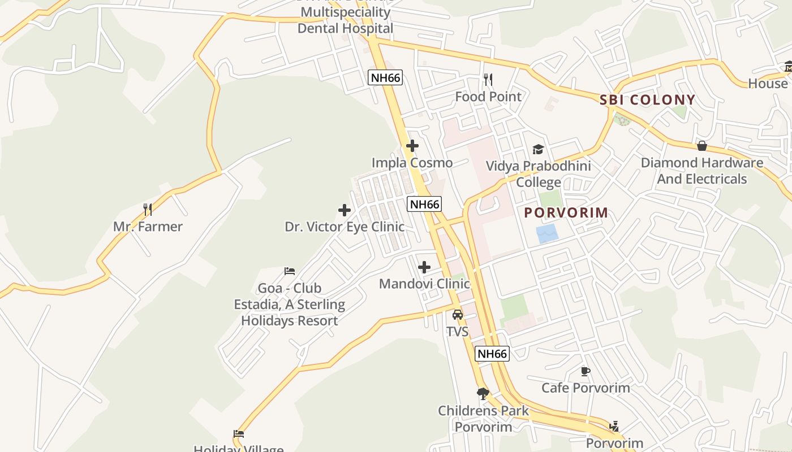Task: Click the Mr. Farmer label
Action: pos(148,227)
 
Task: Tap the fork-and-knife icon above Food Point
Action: pos(488,80)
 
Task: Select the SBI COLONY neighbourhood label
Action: pos(647,100)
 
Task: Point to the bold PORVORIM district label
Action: pos(566,212)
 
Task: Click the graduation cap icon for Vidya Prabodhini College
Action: pos(538,149)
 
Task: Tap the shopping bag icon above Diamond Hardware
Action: pos(702,146)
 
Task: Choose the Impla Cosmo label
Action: pos(412,163)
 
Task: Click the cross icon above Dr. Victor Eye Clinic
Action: pos(344,210)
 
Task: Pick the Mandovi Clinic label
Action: pos(424,284)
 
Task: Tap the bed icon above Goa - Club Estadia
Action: pos(290,271)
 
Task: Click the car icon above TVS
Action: pos(458,315)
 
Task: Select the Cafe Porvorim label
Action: pos(586,388)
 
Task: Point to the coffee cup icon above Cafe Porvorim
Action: pos(586,371)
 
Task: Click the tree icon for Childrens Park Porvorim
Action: pos(483,393)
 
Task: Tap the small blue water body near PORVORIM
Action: pos(547,233)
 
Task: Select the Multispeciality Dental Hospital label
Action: pos(345,20)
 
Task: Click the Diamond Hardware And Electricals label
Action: pos(701,171)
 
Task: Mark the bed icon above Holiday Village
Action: pos(239,434)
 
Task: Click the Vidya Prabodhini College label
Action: pos(539,174)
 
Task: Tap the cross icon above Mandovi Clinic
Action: pos(424,267)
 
